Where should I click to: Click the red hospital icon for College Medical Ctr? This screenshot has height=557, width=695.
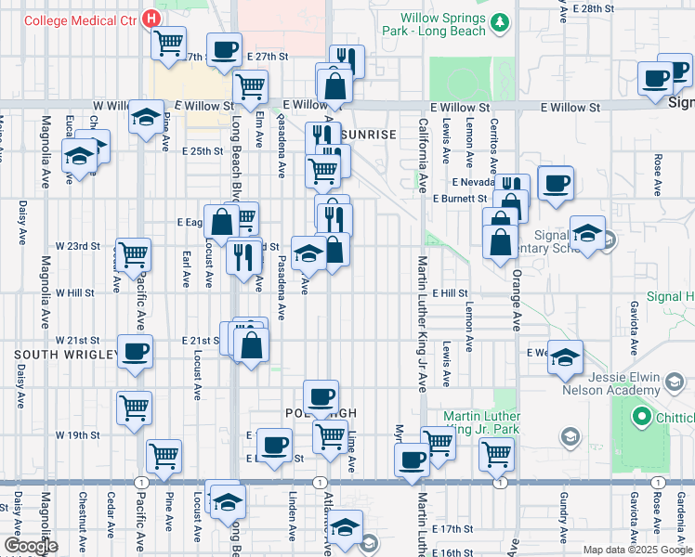click(x=150, y=19)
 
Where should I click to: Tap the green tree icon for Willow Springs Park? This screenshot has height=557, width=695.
click(x=501, y=23)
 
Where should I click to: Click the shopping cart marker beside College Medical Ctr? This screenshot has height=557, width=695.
click(x=169, y=42)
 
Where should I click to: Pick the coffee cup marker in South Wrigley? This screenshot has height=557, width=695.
click(x=136, y=352)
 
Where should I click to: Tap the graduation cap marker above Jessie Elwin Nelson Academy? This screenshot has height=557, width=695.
click(x=565, y=356)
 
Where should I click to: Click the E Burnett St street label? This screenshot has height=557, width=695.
click(x=460, y=199)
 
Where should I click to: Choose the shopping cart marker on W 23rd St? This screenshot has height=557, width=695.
click(x=135, y=252)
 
